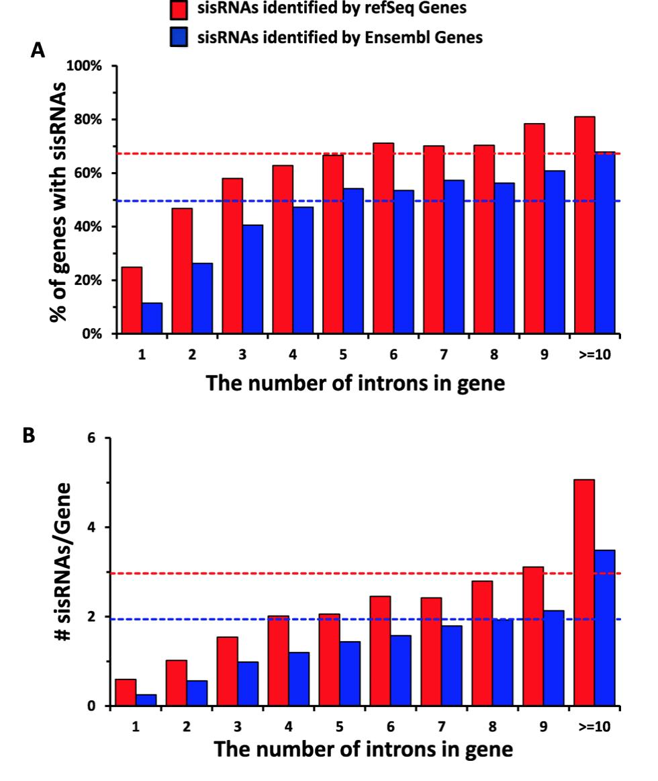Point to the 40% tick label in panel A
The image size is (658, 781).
[x=90, y=227]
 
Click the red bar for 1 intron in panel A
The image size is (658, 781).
[x=132, y=300]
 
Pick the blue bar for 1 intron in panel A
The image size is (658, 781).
[x=152, y=318]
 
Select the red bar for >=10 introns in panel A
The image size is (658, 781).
[x=584, y=224]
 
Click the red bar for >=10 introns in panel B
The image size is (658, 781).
[x=584, y=592]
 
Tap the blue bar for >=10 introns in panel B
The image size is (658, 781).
[x=605, y=628]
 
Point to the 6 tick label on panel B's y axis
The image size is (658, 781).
[x=92, y=438]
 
